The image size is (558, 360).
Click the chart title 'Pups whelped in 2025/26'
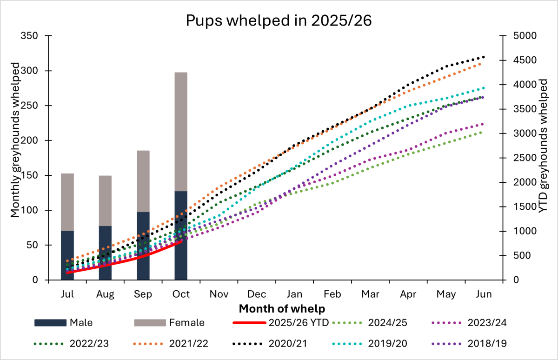[279, 21]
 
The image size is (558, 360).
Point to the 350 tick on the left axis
[32, 36]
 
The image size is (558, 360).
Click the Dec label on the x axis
[257, 294]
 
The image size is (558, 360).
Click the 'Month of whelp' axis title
[282, 308]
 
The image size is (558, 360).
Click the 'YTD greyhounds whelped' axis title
[542, 158]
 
